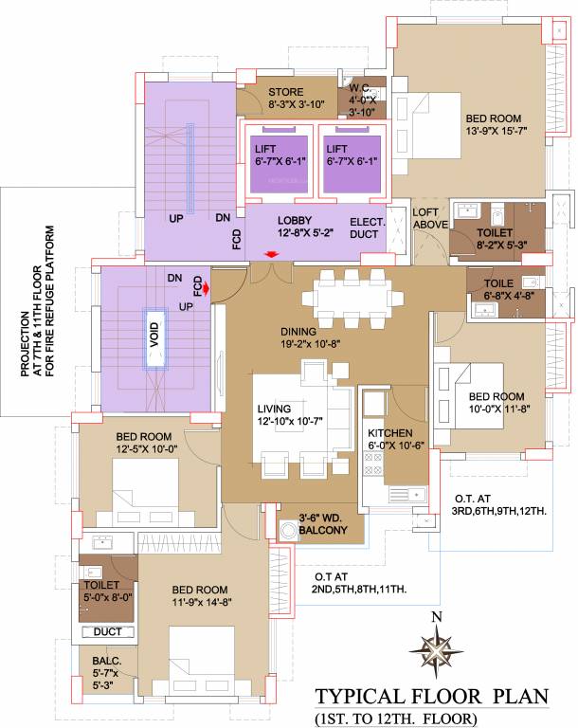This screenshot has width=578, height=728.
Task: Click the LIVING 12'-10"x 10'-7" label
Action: [288, 416]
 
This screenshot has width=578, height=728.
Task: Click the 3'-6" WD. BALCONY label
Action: [324, 523]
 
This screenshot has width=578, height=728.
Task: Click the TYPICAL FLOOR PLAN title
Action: [432, 698]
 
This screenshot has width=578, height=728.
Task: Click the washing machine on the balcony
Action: [288, 530]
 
